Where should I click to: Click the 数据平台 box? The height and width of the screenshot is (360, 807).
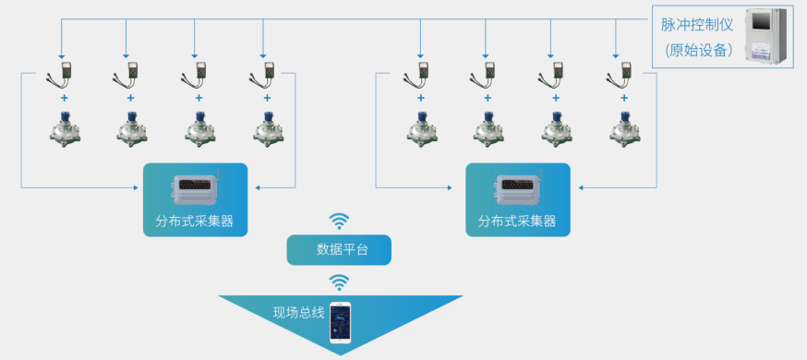[340, 249]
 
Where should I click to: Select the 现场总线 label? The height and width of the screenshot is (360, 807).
[298, 312]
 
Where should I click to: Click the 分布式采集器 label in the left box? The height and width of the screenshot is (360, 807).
[195, 222]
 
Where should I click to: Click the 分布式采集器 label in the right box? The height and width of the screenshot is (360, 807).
[517, 222]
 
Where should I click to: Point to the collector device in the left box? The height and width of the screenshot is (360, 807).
[196, 189]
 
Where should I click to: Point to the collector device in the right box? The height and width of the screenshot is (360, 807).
[517, 189]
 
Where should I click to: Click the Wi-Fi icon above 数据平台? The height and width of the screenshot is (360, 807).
[340, 221]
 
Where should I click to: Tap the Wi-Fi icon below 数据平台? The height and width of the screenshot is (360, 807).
[340, 282]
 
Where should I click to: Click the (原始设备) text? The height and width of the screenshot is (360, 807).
[698, 50]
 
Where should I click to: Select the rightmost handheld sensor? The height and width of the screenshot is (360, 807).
[624, 74]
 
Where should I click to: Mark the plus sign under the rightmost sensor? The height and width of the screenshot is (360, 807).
[624, 97]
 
